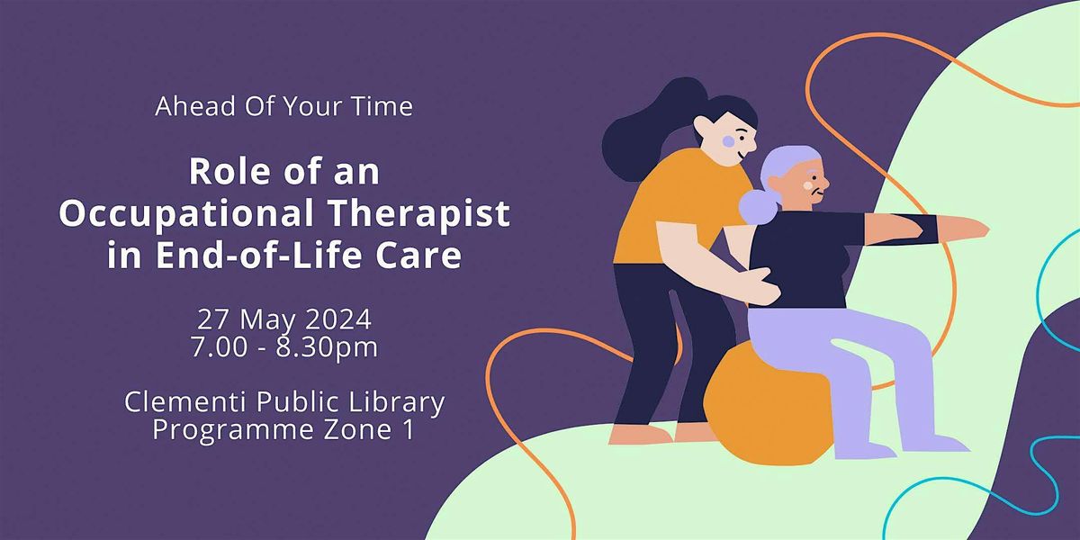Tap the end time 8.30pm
pos(329,347)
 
